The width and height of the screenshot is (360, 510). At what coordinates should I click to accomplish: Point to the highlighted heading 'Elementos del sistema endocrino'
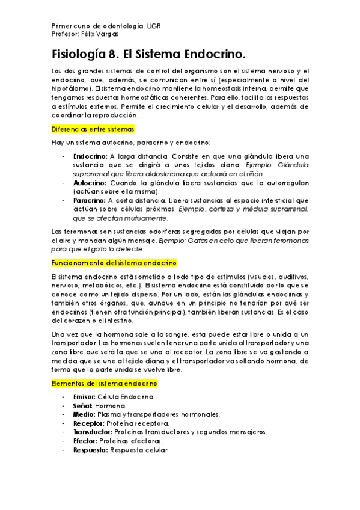coord(105,382)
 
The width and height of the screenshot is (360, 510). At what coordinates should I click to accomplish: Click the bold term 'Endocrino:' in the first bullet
coord(90,156)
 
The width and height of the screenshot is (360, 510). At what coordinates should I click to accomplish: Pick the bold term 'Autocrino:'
coord(90,182)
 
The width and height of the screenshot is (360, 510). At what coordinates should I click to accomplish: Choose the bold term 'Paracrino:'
coord(90,200)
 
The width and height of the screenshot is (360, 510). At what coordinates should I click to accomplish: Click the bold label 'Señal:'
coord(82,406)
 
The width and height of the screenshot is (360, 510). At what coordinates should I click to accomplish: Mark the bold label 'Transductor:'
coord(92,432)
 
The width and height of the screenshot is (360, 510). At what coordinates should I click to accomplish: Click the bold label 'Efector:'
coord(85,441)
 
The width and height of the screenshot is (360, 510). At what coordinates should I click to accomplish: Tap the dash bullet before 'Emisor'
coord(63,397)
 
